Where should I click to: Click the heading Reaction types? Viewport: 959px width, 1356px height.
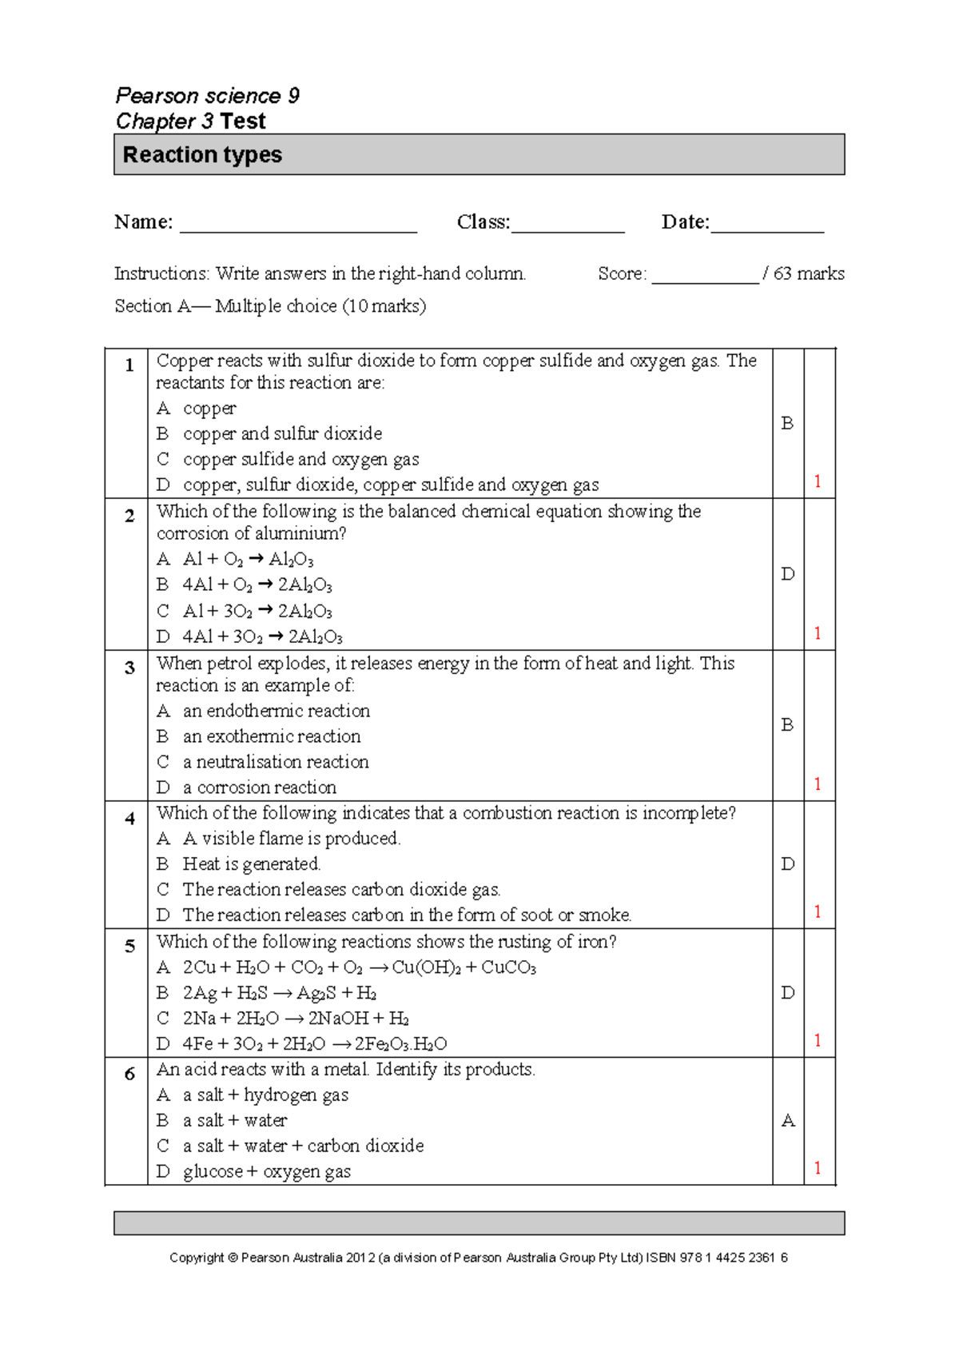click(x=202, y=154)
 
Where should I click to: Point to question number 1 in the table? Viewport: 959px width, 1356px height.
click(x=129, y=365)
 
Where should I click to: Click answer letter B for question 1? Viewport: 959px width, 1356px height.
click(x=787, y=423)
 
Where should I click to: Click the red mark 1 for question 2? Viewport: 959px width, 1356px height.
click(x=818, y=632)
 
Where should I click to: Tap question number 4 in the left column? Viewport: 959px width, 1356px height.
click(x=129, y=818)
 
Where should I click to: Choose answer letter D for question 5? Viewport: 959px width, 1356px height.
click(x=787, y=992)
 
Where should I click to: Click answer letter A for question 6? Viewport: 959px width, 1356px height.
click(x=787, y=1120)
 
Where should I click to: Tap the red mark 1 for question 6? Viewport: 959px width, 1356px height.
click(x=818, y=1167)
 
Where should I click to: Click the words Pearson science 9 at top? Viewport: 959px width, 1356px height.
click(x=207, y=95)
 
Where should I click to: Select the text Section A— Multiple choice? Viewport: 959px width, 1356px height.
click(x=270, y=305)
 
